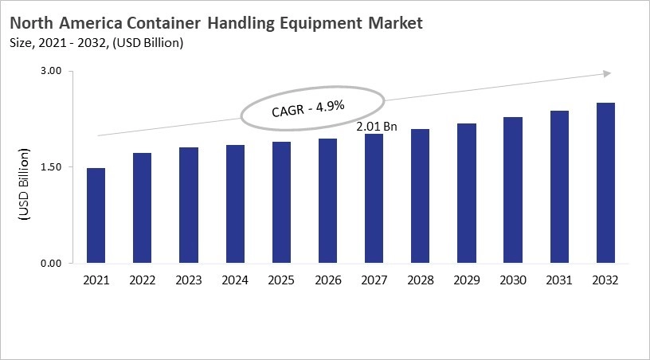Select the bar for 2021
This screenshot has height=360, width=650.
coord(96,215)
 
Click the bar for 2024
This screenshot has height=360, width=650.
coord(235,204)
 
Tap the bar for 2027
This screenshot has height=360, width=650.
coord(374,198)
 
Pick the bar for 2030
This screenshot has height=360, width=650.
coord(512,190)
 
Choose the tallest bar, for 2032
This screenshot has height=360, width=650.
coord(605,182)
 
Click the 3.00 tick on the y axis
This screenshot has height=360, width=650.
coord(50,72)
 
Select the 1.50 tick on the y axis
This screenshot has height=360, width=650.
coord(50,167)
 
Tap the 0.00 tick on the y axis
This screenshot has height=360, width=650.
coord(50,263)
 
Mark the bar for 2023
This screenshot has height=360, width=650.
coord(188,205)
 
